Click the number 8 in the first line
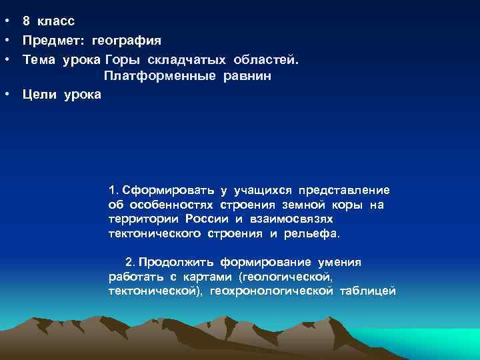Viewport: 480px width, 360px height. coord(26,21)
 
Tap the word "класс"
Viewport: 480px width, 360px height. coord(57,21)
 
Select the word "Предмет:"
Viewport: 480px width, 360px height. coord(52,41)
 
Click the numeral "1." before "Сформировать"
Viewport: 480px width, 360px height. coord(112,190)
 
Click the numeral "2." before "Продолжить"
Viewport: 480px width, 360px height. coord(129,263)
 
